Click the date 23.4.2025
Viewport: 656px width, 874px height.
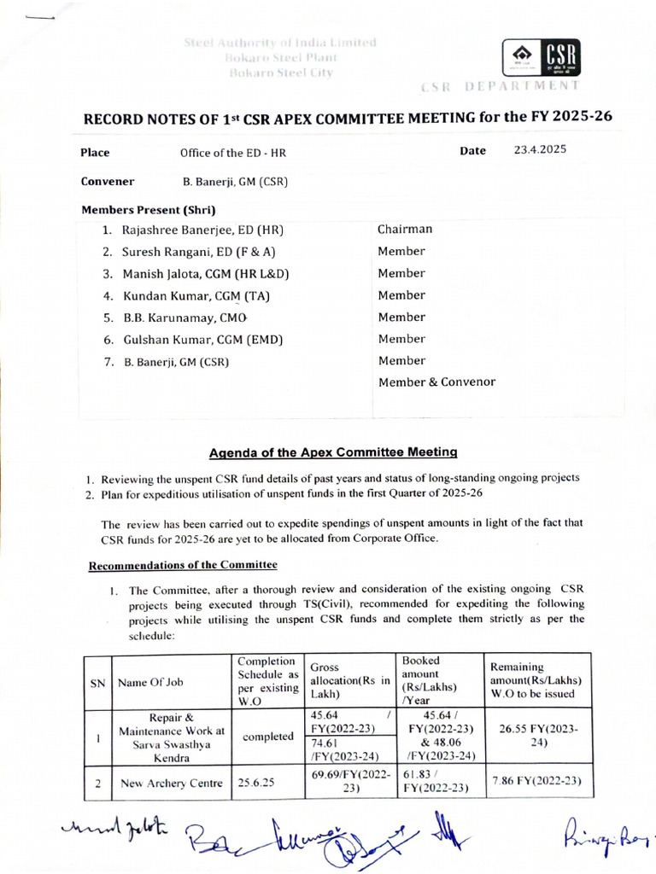pyautogui.click(x=539, y=150)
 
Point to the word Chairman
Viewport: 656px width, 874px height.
pyautogui.click(x=405, y=229)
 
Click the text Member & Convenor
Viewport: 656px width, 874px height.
pyautogui.click(x=436, y=382)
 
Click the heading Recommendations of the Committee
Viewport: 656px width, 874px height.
pyautogui.click(x=184, y=565)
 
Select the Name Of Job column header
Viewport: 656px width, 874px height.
pyautogui.click(x=150, y=682)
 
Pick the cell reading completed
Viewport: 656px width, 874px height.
pyautogui.click(x=267, y=737)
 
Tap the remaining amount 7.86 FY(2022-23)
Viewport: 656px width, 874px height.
pyautogui.click(x=536, y=781)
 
